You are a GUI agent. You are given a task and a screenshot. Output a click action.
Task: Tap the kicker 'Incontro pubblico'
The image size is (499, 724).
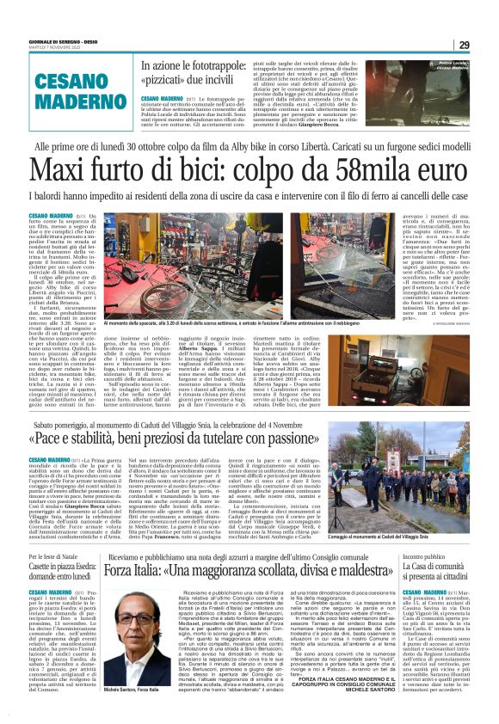[429, 533]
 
